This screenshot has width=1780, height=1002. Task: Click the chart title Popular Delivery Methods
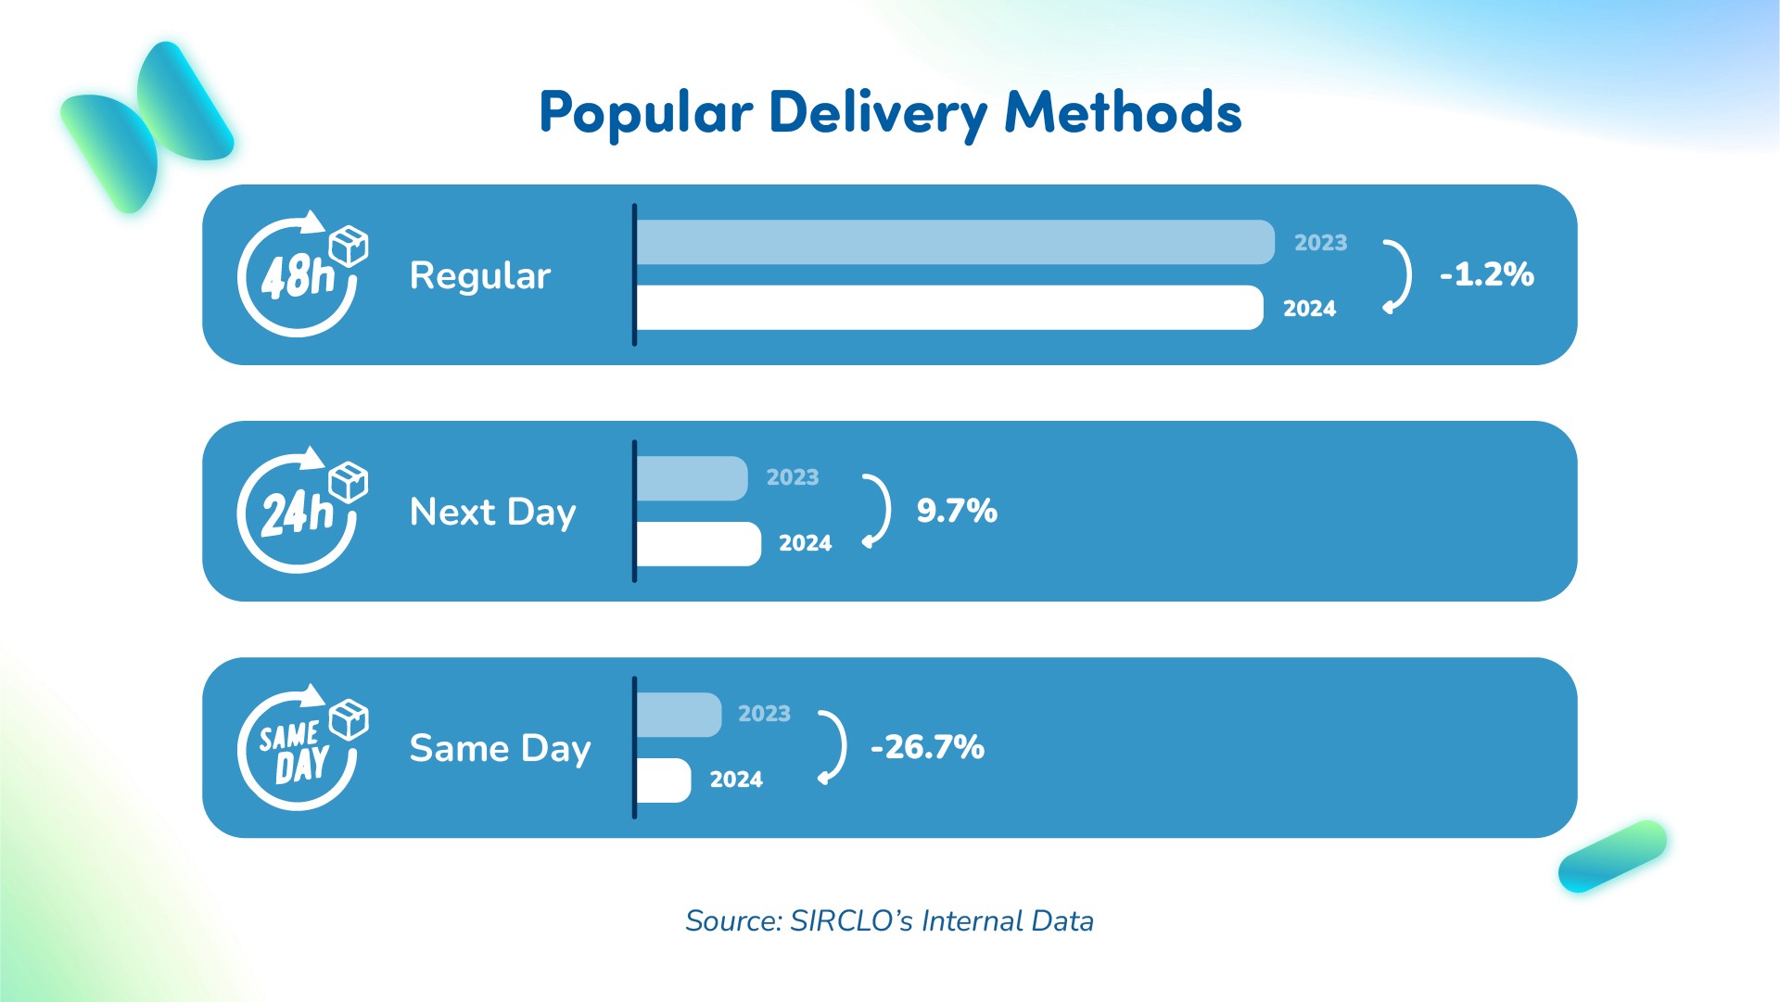(890, 113)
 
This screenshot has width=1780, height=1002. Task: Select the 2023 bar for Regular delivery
(956, 242)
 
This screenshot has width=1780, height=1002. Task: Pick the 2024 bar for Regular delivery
(950, 308)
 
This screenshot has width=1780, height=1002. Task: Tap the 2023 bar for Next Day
(693, 478)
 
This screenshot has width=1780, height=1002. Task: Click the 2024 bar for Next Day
(699, 544)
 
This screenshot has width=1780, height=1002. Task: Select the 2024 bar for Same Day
(664, 780)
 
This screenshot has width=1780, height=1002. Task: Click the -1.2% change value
(1487, 274)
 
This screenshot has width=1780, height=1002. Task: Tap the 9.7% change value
(957, 511)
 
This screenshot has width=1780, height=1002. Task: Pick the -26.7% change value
(927, 747)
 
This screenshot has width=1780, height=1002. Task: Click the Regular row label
(480, 276)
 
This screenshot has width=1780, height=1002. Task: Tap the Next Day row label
(493, 513)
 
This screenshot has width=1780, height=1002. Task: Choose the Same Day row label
(501, 749)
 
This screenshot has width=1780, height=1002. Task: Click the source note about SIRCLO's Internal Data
(890, 921)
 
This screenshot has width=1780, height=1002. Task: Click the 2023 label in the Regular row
(1321, 243)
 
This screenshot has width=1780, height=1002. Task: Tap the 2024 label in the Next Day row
(806, 543)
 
